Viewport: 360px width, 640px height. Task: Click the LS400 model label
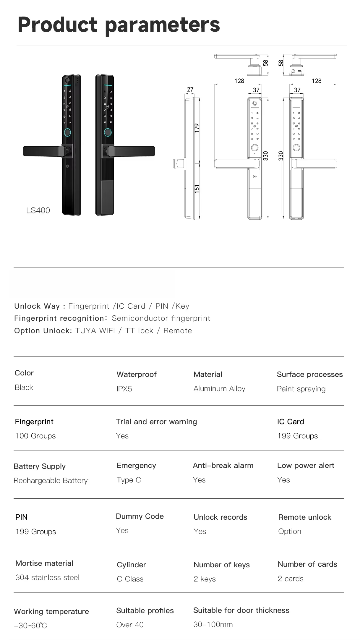(x=38, y=210)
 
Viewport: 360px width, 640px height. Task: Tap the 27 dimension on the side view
(x=190, y=89)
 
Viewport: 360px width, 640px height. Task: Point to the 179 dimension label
(x=197, y=128)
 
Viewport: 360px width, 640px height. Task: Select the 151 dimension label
(x=197, y=189)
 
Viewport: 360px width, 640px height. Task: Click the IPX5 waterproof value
(x=124, y=389)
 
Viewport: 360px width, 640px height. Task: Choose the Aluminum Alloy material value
(x=219, y=389)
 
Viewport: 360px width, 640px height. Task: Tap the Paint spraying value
(x=301, y=389)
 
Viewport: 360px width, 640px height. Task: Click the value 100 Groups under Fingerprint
(x=35, y=436)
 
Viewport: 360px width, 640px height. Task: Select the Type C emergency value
(x=129, y=480)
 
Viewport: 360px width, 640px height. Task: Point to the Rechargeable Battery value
(x=51, y=481)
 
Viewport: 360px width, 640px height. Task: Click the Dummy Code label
(x=140, y=516)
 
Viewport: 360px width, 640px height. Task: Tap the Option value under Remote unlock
(x=289, y=532)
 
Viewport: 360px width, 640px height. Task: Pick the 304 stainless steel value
(x=47, y=578)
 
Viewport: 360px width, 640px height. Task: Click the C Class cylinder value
(x=130, y=579)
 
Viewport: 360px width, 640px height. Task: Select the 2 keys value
(x=205, y=579)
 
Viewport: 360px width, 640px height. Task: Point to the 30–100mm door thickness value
(x=213, y=625)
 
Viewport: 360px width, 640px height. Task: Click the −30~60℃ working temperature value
(x=30, y=626)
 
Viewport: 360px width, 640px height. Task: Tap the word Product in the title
(x=58, y=25)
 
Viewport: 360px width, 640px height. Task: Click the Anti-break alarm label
(x=223, y=466)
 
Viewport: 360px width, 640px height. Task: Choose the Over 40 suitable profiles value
(x=130, y=625)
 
